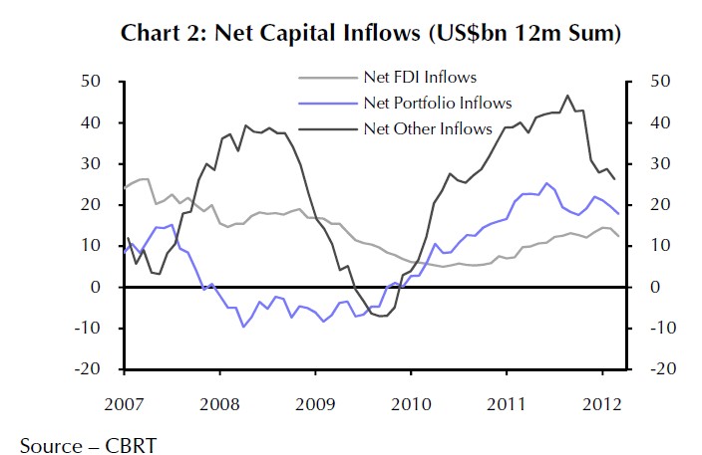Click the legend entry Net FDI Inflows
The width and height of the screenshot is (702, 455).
[419, 77]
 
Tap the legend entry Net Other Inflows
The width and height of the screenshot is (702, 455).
[428, 128]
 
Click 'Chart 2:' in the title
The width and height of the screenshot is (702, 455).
[161, 34]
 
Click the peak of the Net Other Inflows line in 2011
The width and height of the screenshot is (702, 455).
[567, 96]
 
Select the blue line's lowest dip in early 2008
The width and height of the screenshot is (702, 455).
[242, 327]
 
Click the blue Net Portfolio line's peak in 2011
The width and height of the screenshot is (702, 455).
[546, 183]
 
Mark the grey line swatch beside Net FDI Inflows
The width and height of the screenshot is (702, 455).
[327, 77]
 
